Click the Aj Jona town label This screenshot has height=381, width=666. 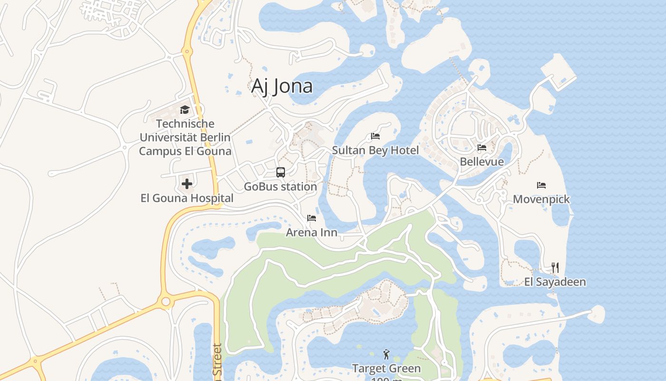[282, 86]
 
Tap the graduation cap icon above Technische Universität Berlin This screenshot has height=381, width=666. [185, 110]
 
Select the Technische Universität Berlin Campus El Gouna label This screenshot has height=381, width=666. [185, 138]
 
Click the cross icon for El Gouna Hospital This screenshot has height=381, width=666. [186, 183]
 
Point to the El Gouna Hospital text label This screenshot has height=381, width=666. [187, 198]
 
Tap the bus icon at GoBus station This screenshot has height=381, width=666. [281, 172]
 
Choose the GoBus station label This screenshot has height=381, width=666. [280, 187]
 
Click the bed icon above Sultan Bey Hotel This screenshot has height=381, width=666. [375, 136]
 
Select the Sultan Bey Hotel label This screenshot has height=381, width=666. [375, 150]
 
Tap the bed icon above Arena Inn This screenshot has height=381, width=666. [312, 218]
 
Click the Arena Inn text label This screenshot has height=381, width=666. [312, 232]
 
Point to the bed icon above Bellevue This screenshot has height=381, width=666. [482, 148]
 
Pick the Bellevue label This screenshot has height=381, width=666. [481, 162]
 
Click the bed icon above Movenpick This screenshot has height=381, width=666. [541, 185]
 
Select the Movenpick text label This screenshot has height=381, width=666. [541, 199]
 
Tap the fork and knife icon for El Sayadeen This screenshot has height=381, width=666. [555, 268]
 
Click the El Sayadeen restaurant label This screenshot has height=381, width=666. [555, 282]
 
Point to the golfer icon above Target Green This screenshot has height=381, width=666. [386, 354]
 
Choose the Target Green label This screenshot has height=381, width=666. [386, 369]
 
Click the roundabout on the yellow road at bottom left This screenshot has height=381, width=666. [166, 301]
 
